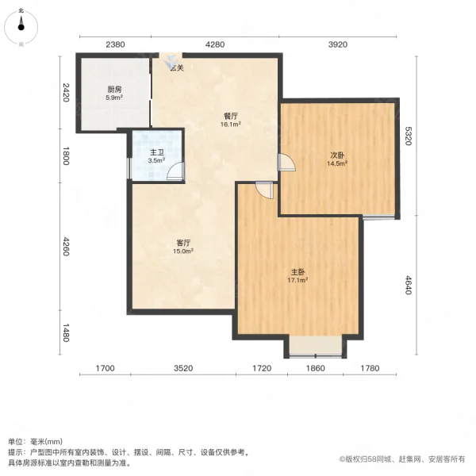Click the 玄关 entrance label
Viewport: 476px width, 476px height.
(x=175, y=68)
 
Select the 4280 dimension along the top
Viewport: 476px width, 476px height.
(x=216, y=44)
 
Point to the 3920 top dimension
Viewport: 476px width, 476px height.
(x=338, y=44)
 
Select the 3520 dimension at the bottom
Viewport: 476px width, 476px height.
(x=183, y=368)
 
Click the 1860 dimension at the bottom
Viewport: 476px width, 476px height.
(x=315, y=368)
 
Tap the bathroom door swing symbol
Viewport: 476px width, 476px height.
(x=177, y=171)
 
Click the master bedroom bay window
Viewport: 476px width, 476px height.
(x=315, y=346)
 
